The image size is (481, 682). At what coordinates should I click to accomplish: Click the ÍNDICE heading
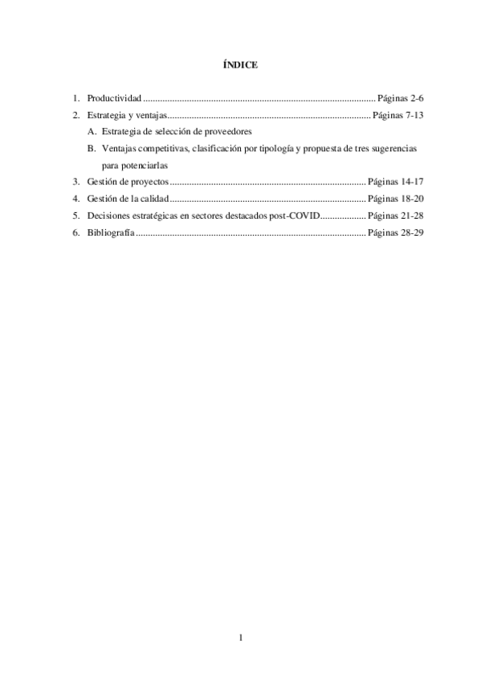(240, 65)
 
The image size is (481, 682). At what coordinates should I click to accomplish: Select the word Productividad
(114, 98)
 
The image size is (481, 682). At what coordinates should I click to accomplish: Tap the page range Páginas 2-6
(400, 98)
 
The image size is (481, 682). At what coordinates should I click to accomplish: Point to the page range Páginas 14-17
(394, 182)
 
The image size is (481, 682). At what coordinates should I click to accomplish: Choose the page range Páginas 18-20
(394, 199)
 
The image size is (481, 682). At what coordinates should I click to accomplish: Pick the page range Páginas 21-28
(394, 216)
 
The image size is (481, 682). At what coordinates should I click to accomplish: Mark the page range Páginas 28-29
(394, 232)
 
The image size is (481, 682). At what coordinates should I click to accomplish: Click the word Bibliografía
(111, 232)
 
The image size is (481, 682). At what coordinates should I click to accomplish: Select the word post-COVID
(296, 216)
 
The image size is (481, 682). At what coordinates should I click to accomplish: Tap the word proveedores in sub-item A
(227, 132)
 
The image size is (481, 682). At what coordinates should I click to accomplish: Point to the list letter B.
(92, 149)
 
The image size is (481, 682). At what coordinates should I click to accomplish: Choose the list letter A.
(92, 132)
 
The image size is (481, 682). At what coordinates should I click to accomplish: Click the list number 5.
(75, 216)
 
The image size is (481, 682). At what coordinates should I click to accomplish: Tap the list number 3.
(75, 182)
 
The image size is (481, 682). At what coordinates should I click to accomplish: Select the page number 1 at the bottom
(240, 639)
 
